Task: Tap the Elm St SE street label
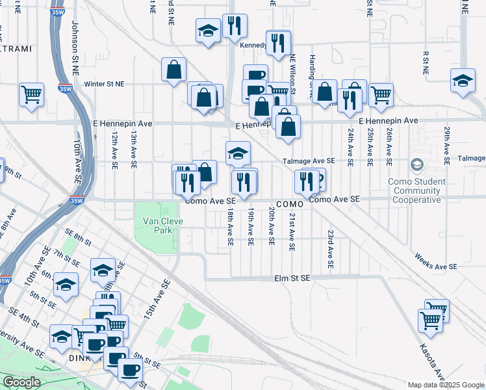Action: [292, 278]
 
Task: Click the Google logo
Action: [21, 382]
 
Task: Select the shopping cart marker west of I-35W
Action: [31, 94]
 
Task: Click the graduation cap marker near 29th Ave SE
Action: [462, 81]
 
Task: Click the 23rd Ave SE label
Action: [331, 249]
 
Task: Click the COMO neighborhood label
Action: [286, 204]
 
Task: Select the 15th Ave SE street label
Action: [158, 298]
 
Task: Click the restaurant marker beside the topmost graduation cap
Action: [235, 26]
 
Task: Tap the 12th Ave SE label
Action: [114, 150]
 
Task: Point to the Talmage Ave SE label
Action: [309, 161]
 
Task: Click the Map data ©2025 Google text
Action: [446, 385]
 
